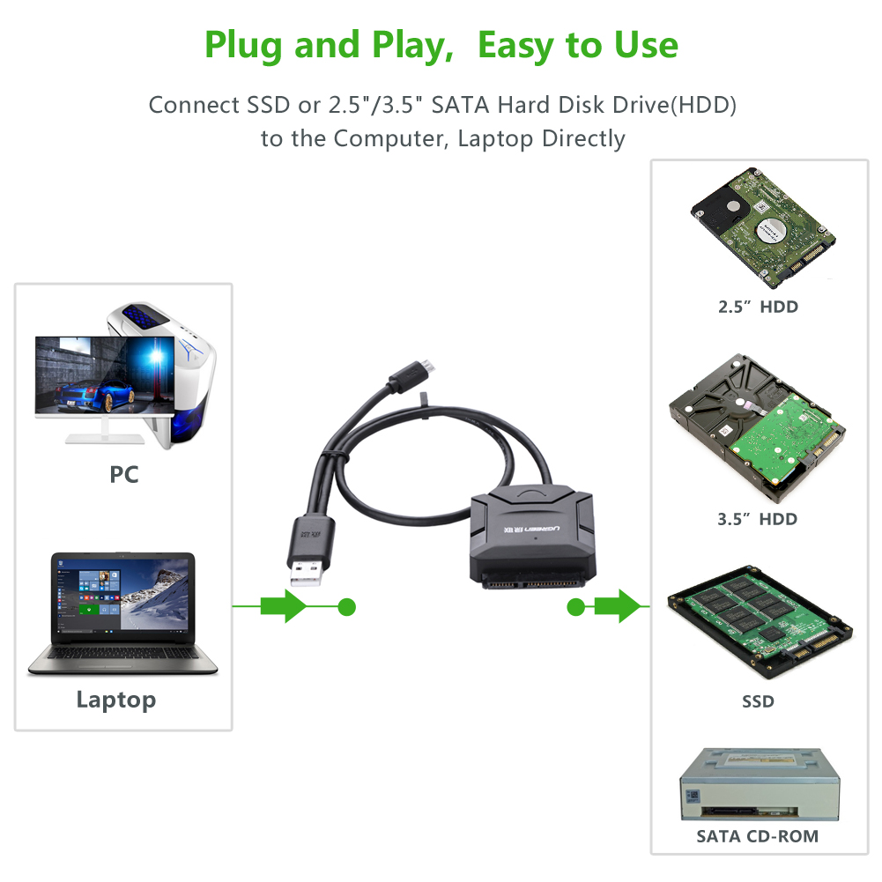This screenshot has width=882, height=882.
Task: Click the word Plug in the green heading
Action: (242, 45)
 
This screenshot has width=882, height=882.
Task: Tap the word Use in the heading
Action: (646, 45)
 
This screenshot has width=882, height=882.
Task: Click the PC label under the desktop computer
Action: (123, 475)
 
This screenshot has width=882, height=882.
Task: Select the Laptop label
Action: (116, 700)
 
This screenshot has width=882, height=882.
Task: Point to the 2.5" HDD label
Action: (758, 308)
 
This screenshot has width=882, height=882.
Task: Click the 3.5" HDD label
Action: (757, 519)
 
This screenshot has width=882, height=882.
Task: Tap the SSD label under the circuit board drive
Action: (758, 701)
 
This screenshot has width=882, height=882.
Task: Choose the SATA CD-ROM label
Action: (757, 836)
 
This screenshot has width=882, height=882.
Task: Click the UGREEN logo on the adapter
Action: (531, 530)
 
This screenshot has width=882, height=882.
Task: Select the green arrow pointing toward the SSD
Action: (618, 606)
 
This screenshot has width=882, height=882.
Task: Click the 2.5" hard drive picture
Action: (763, 226)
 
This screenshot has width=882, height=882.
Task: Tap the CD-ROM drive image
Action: (760, 784)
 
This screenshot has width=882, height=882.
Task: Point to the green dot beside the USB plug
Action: (347, 607)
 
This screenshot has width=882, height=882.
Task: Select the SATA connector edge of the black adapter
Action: (531, 582)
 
